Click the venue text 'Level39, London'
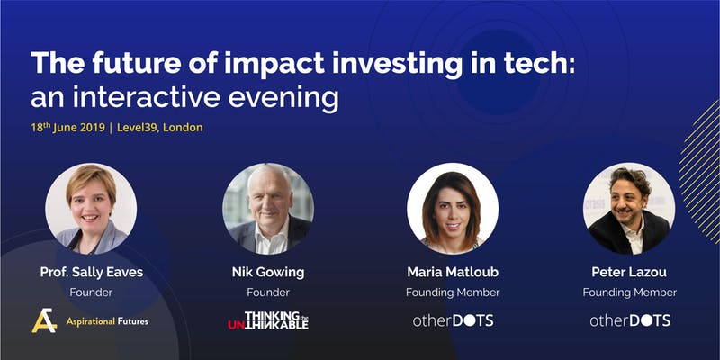[160, 127]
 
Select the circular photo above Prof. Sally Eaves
[91, 209]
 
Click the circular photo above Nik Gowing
[268, 209]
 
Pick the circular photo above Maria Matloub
[453, 209]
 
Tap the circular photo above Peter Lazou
[629, 209]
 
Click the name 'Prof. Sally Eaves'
[92, 272]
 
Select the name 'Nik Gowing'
[268, 273]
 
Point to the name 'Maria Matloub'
[453, 272]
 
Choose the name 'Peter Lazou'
[629, 272]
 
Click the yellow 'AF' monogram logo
[44, 320]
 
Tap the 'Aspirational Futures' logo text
[107, 321]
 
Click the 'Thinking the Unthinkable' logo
[268, 320]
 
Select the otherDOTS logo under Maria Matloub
[453, 320]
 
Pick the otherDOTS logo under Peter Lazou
[629, 320]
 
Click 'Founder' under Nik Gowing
[268, 292]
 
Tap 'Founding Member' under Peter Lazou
[629, 292]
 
